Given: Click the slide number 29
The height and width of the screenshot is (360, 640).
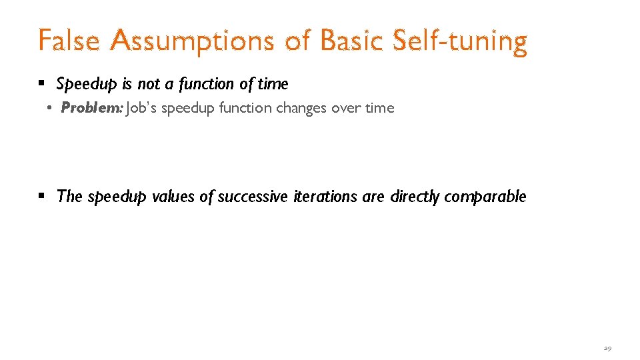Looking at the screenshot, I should coord(607,349).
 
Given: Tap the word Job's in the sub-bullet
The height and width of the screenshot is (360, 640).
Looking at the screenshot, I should coord(142,108).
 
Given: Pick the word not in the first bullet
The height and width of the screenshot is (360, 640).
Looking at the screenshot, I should coord(149,84).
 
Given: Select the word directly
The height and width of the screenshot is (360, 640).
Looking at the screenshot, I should coord(415,197).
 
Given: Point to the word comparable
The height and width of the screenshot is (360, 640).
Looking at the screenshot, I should coord(485,197).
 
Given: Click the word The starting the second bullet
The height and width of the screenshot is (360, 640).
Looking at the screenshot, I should coord(69,197).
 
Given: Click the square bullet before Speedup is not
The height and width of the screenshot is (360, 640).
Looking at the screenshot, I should coord(41,84).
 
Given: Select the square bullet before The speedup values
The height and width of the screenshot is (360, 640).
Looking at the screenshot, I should coord(41,197).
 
